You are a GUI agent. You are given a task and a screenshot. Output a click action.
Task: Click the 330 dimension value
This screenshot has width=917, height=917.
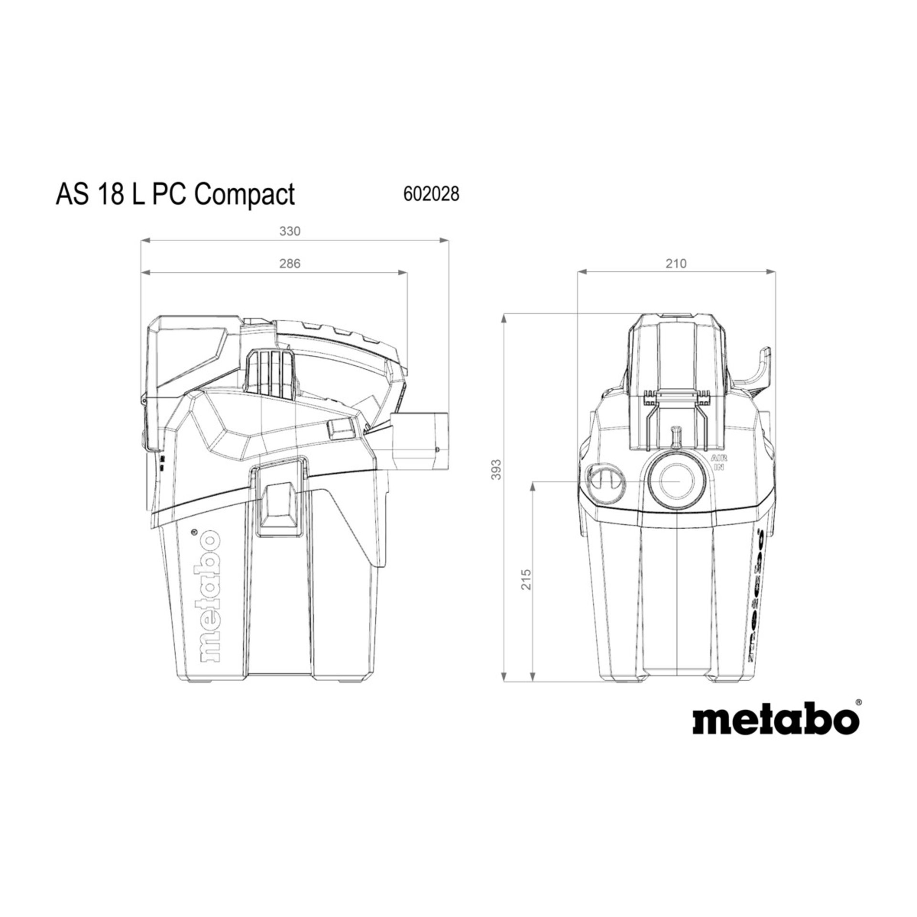click(289, 231)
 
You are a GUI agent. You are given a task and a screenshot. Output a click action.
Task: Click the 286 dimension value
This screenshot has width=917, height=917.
click(289, 264)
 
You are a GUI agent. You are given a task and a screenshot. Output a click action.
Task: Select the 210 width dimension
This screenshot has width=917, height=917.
click(676, 264)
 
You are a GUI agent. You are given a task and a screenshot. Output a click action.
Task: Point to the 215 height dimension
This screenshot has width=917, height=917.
click(526, 579)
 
